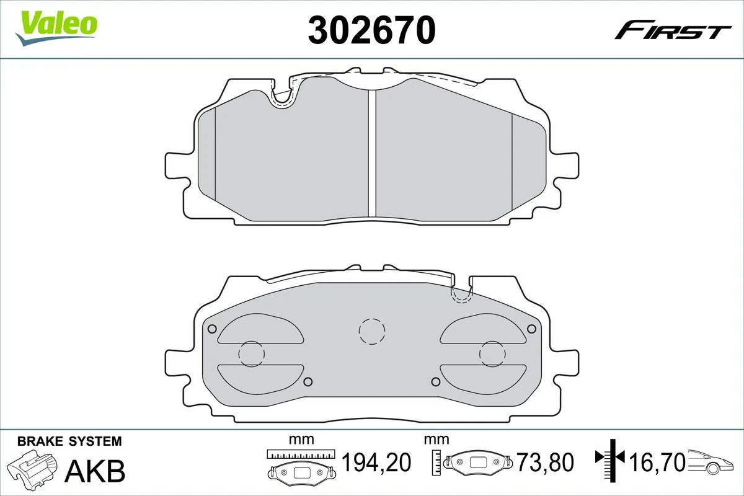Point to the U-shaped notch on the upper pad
click(x=283, y=97)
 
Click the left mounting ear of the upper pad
click(x=177, y=167)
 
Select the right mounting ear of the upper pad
click(x=567, y=167)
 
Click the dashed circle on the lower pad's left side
click(x=252, y=353)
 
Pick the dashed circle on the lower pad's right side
click(x=492, y=353)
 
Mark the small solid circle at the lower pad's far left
click(x=211, y=329)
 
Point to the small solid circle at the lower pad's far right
click(x=531, y=329)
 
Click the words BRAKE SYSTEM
click(x=69, y=441)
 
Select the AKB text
click(x=94, y=471)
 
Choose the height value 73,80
click(x=545, y=462)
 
